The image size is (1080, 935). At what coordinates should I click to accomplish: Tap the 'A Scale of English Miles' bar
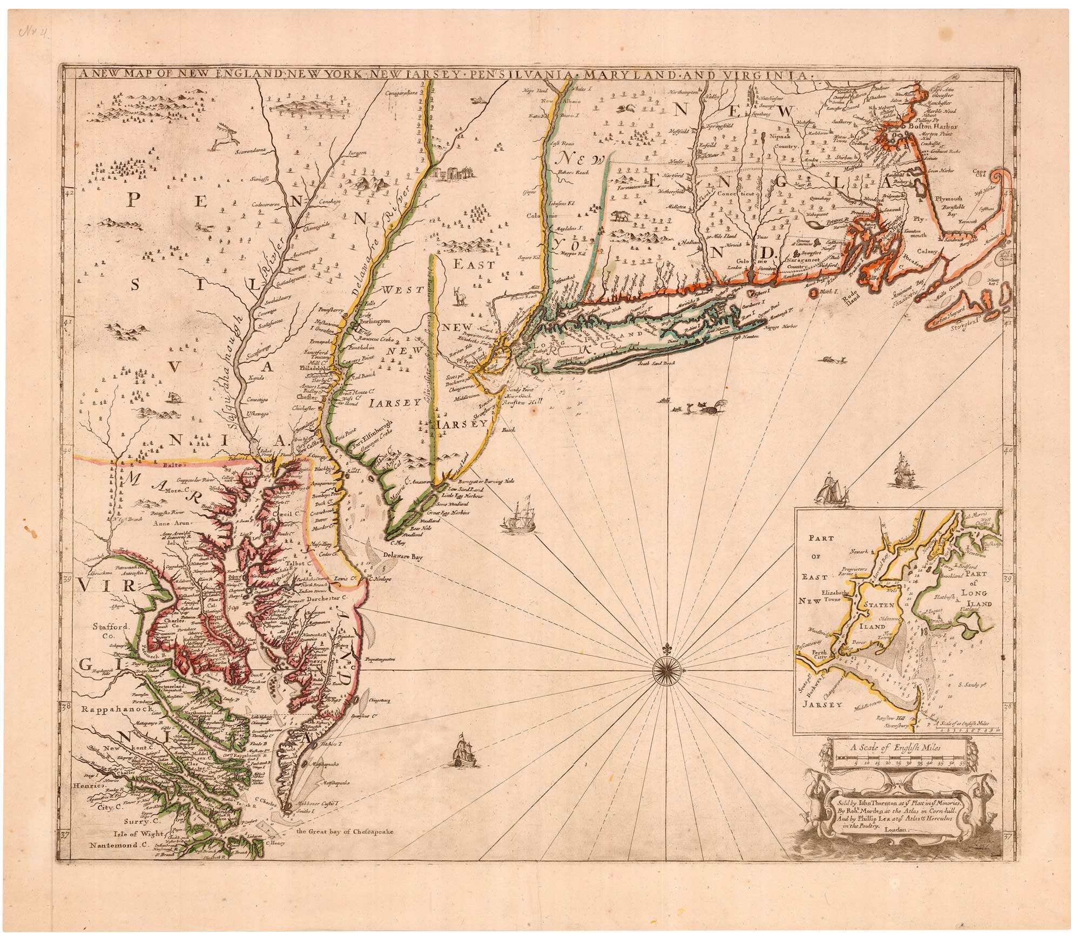[x=895, y=757]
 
